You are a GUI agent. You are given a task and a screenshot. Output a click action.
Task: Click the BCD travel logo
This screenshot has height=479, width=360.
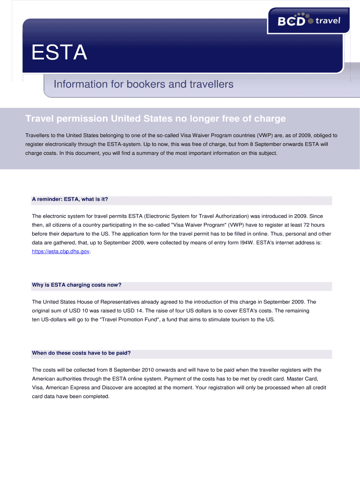pos(308,21)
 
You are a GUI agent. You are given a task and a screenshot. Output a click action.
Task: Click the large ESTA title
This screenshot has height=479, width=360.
pos(59,53)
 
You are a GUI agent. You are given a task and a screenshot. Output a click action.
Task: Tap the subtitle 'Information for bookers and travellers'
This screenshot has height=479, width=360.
pos(143,84)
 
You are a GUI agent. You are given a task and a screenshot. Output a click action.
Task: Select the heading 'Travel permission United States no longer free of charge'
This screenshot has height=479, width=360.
pos(155,118)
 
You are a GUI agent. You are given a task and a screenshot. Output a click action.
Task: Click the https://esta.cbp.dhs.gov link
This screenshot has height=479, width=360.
pos(60,251)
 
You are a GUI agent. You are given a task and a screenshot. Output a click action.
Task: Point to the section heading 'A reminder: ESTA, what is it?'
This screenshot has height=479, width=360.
pos(70,199)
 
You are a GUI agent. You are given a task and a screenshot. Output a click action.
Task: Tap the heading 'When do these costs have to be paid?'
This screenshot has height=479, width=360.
pos(80,353)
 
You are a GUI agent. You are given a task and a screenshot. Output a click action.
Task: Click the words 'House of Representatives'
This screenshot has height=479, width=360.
pos(104,302)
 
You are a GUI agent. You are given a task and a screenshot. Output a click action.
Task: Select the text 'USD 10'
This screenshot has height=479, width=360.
pos(69,311)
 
